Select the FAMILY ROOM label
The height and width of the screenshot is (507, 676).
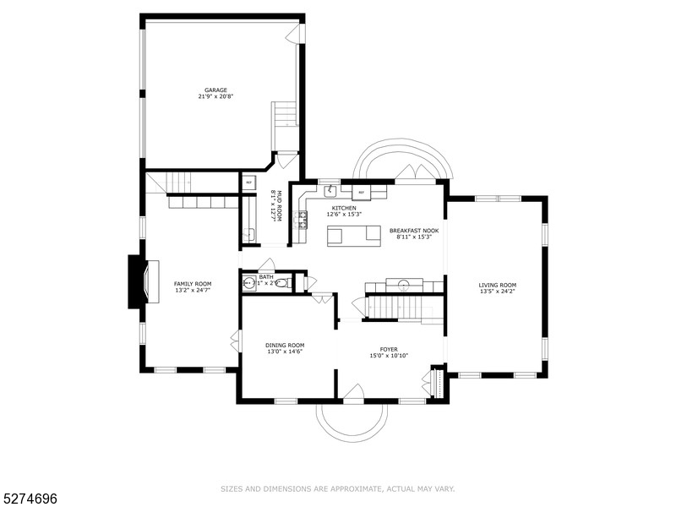(193, 284)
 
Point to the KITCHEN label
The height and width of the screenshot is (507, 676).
(344, 208)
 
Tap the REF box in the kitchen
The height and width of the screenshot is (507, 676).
(362, 193)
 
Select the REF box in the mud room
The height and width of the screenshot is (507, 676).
(248, 183)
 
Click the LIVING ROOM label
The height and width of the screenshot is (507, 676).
(497, 285)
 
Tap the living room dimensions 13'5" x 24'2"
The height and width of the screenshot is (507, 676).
(497, 292)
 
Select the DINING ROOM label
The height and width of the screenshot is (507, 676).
(285, 345)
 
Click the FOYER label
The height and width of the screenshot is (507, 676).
(389, 349)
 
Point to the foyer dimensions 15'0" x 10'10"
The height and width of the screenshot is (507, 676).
(389, 356)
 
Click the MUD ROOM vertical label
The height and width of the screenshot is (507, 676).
(272, 205)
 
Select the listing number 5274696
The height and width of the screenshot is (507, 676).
(30, 499)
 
